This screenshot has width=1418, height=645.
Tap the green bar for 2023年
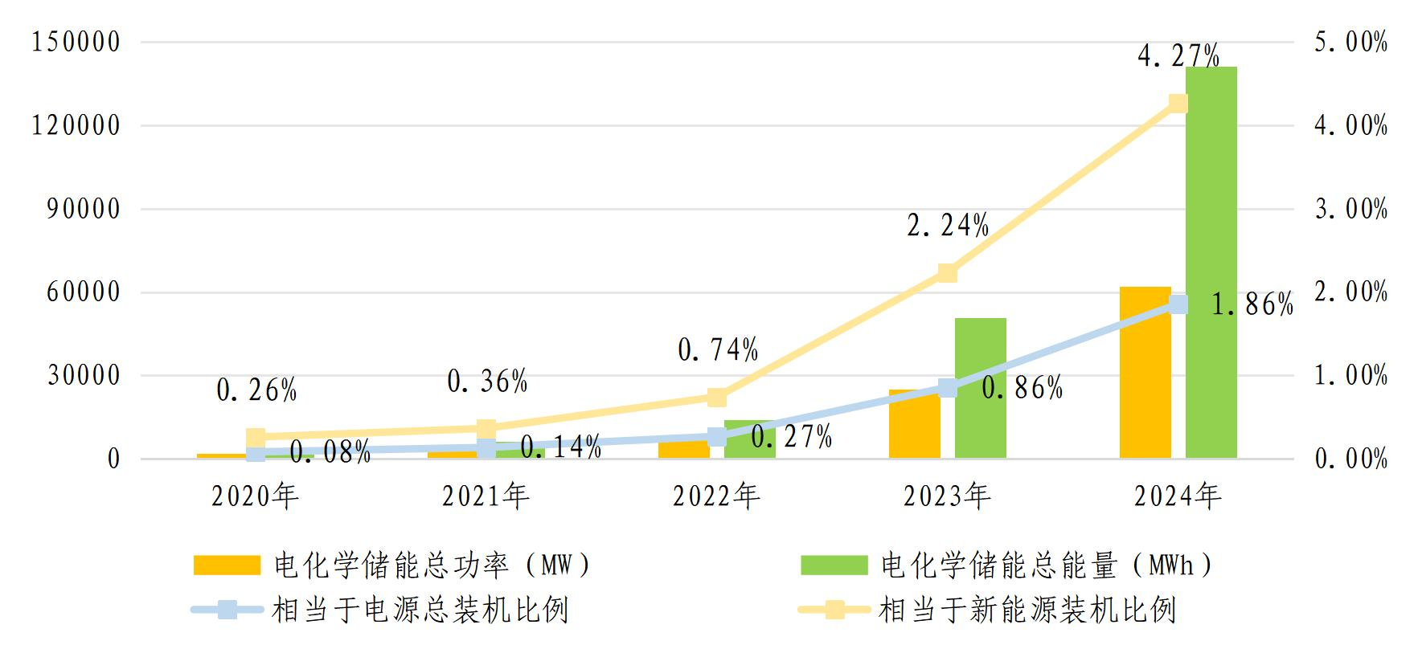pos(980,389)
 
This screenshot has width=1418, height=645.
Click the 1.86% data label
pos(1252,304)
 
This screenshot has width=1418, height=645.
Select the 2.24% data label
pos(947,227)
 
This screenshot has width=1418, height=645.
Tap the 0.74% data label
pos(717,350)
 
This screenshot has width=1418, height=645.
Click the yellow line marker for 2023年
pos(947,273)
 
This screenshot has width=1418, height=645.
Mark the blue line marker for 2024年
pos(1178,304)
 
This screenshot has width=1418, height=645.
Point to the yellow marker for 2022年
pos(717,397)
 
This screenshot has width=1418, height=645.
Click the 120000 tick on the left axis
pos(76,125)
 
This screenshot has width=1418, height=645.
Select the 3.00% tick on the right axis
pos(1350,210)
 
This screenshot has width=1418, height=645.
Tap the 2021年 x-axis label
pos(486,496)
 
